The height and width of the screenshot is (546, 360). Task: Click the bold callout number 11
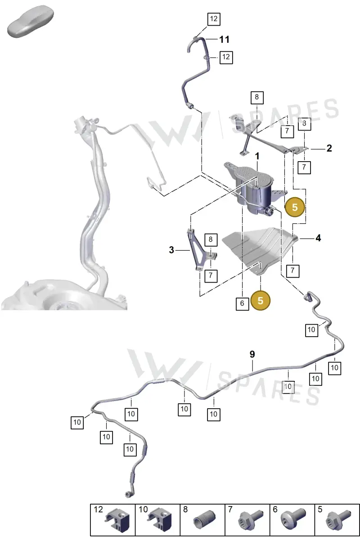coord(225,40)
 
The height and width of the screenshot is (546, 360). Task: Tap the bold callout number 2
coord(329,148)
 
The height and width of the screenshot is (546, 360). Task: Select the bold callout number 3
coord(171,250)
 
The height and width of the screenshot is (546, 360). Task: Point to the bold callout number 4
coord(318,238)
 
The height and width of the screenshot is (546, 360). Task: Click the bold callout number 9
coord(252,354)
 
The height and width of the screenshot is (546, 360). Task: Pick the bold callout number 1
coord(257,156)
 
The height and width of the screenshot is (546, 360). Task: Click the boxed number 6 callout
coord(242,303)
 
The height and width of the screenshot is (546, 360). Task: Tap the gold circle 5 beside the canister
coord(295,207)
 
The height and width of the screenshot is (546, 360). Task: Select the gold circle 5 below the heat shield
coord(261,301)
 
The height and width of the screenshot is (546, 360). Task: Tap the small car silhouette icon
coord(31,21)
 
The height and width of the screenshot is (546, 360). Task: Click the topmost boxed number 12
coord(214,19)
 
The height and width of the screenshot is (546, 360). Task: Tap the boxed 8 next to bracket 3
coord(211,239)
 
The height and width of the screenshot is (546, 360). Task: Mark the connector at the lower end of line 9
coord(128,495)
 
